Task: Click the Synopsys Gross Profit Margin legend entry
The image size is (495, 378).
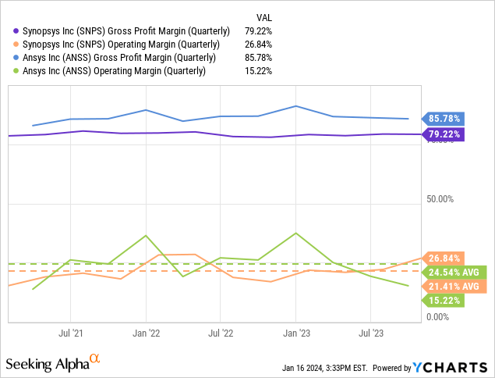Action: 122,31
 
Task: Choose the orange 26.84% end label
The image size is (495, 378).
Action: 442,258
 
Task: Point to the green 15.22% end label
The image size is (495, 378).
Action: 442,301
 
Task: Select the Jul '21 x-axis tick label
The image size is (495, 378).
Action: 71,332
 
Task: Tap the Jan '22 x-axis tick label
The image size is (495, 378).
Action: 146,332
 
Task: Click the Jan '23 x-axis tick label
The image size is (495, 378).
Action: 295,332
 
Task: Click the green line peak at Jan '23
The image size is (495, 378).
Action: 295,233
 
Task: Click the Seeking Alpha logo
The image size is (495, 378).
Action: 53,363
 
